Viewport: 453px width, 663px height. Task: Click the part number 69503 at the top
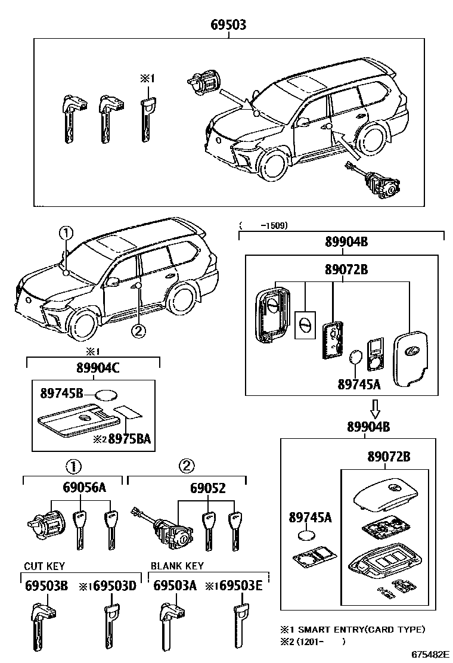pyautogui.click(x=228, y=25)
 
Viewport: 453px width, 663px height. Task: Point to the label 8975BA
pyautogui.click(x=129, y=439)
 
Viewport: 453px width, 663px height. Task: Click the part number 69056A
pyautogui.click(x=84, y=488)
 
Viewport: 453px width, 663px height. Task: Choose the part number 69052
pyautogui.click(x=207, y=488)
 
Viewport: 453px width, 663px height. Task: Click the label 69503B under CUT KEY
pyautogui.click(x=46, y=586)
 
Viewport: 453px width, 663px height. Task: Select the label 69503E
pyautogui.click(x=240, y=586)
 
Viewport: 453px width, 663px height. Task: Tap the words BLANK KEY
pyautogui.click(x=177, y=566)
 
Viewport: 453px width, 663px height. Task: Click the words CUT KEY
pyautogui.click(x=44, y=566)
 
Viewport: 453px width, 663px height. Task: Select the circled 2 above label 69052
pyautogui.click(x=187, y=466)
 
